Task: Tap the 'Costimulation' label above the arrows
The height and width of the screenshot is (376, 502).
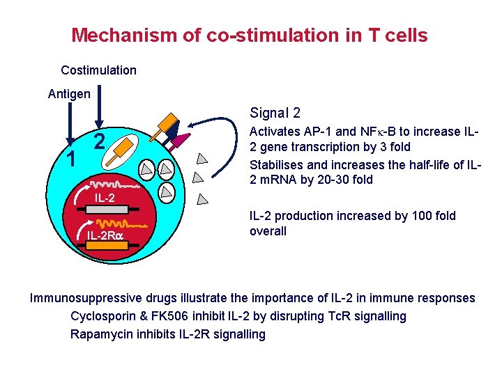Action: click(x=98, y=70)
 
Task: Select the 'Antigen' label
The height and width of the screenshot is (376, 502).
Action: click(x=68, y=93)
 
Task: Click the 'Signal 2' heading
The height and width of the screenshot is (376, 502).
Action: click(x=275, y=113)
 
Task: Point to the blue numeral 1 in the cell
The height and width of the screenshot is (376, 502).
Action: click(x=70, y=159)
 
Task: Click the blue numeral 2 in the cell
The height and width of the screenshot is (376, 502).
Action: click(x=99, y=142)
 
